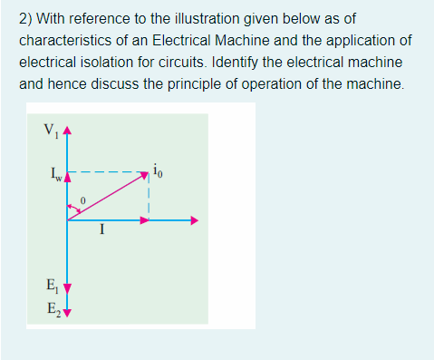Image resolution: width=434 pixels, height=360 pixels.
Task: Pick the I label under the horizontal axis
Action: [103, 231]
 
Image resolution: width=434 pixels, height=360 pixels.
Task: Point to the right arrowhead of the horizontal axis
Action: [192, 220]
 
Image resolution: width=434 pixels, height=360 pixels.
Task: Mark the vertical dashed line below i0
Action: [147, 198]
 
